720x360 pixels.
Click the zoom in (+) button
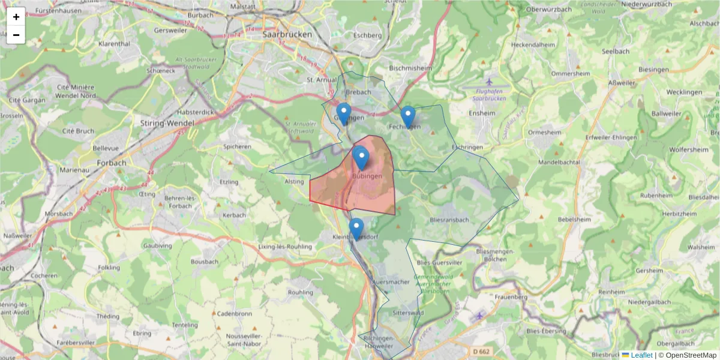(16, 17)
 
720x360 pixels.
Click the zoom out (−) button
(16, 35)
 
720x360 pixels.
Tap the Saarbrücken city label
(287, 35)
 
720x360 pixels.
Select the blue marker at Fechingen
(407, 116)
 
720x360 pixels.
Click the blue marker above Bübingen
(361, 158)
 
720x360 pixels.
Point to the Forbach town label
(112, 162)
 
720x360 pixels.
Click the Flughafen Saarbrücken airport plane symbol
(489, 82)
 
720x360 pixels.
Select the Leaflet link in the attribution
(641, 355)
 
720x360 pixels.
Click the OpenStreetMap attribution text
(690, 355)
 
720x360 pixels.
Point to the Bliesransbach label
(449, 220)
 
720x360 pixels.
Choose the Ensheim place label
(482, 113)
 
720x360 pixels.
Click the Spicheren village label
(237, 146)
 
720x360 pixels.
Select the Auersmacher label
(391, 281)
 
